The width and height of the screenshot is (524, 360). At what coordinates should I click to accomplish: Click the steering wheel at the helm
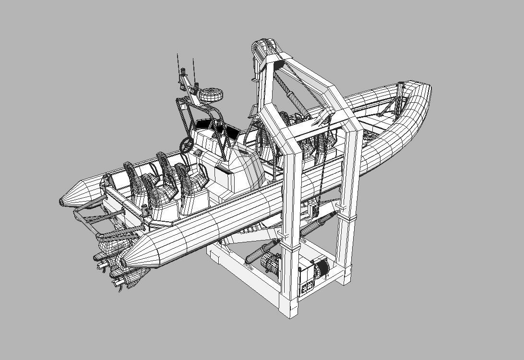pyautogui.click(x=187, y=144)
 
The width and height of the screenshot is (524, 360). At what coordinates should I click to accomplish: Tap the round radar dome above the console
pyautogui.click(x=211, y=95)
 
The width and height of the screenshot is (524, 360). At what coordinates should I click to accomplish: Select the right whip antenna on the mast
pyautogui.click(x=193, y=68)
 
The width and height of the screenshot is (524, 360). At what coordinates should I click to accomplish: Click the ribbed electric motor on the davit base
pyautogui.click(x=271, y=264)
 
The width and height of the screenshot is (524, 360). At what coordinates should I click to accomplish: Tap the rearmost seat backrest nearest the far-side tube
pyautogui.click(x=130, y=170)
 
